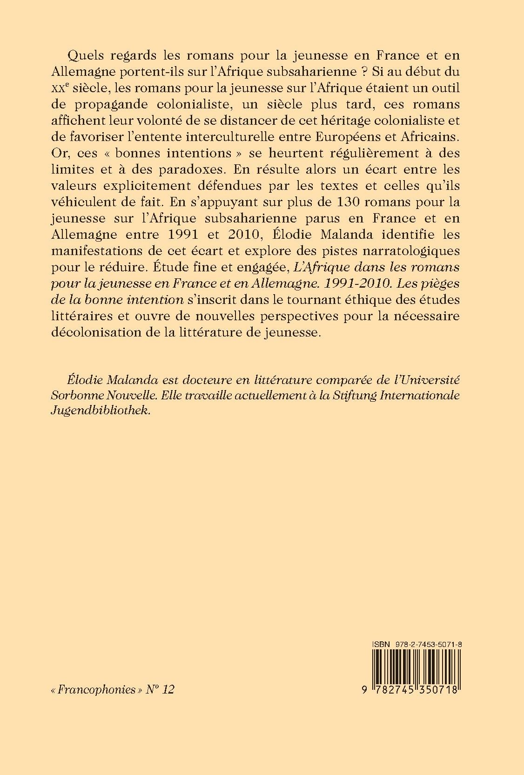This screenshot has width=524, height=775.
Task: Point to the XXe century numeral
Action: pos(76,89)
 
